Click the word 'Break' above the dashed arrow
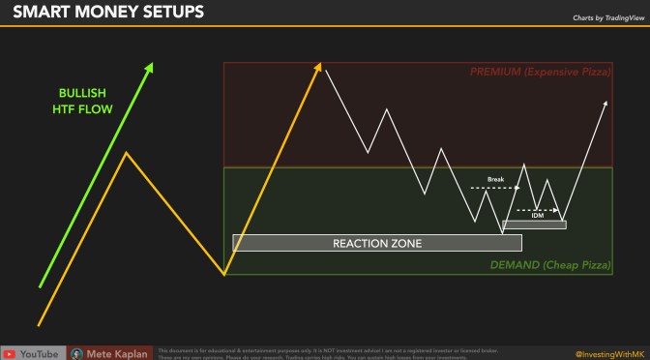point(495,179)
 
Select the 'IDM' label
point(537,216)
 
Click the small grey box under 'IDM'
point(534,225)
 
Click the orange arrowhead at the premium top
point(318,65)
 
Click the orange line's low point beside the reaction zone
point(223,274)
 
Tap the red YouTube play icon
point(8,353)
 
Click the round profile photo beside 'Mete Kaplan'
point(76,353)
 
